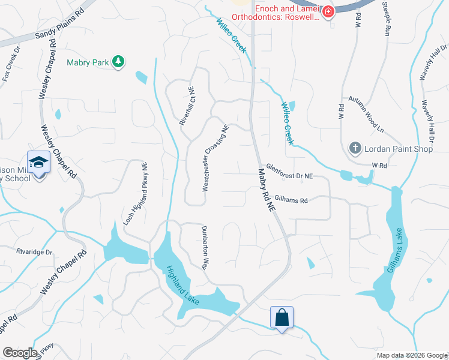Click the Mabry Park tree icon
pos(119,61)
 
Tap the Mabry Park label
pos(88,61)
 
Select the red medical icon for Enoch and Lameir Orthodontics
pos(327,11)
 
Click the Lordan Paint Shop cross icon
pos(355,148)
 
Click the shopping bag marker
pos(282,316)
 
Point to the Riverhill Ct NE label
pos(187,106)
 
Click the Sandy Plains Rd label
pos(58,28)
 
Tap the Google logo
pos(20,353)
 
